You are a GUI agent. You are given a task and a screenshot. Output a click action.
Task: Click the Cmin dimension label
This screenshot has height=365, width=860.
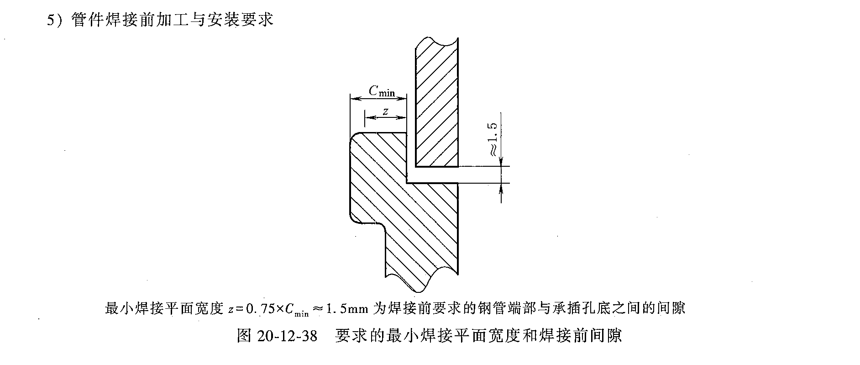[x=381, y=91]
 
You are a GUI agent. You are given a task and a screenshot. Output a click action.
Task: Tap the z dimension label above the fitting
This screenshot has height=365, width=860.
[x=385, y=111]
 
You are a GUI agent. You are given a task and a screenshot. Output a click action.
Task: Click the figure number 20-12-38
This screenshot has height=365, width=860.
[x=287, y=336]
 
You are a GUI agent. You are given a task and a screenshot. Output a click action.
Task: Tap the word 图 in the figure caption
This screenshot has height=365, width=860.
[x=244, y=336]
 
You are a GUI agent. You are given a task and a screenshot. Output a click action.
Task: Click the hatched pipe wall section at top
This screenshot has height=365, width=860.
[x=436, y=101]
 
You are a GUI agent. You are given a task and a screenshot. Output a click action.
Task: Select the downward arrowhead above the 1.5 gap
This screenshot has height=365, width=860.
[x=501, y=162]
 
